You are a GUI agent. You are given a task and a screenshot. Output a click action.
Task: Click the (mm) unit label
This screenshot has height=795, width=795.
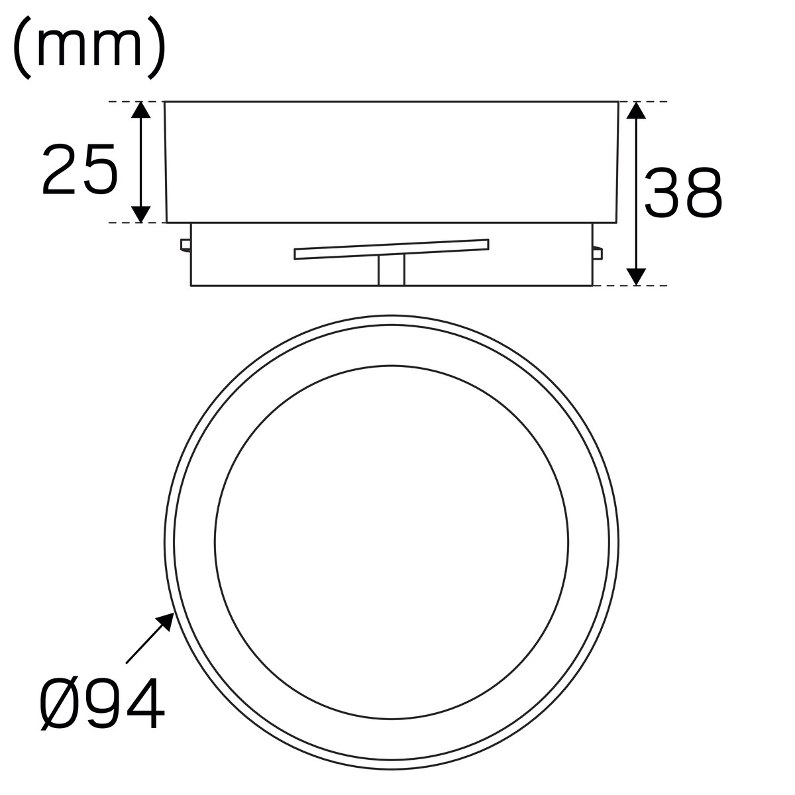click(89, 48)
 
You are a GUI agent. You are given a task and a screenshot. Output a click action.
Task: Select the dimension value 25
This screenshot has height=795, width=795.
click(80, 169)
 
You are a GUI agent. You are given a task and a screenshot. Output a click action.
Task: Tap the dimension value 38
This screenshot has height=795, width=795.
click(684, 192)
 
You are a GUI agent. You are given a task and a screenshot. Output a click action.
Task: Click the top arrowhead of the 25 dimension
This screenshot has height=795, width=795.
click(140, 110)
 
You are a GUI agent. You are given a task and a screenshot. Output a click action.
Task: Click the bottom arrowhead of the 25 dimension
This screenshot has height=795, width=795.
click(140, 214)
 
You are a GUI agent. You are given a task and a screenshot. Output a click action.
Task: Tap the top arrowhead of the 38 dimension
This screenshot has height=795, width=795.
click(636, 110)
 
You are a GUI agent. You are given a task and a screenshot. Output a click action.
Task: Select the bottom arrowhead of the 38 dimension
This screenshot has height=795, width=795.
click(636, 277)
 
